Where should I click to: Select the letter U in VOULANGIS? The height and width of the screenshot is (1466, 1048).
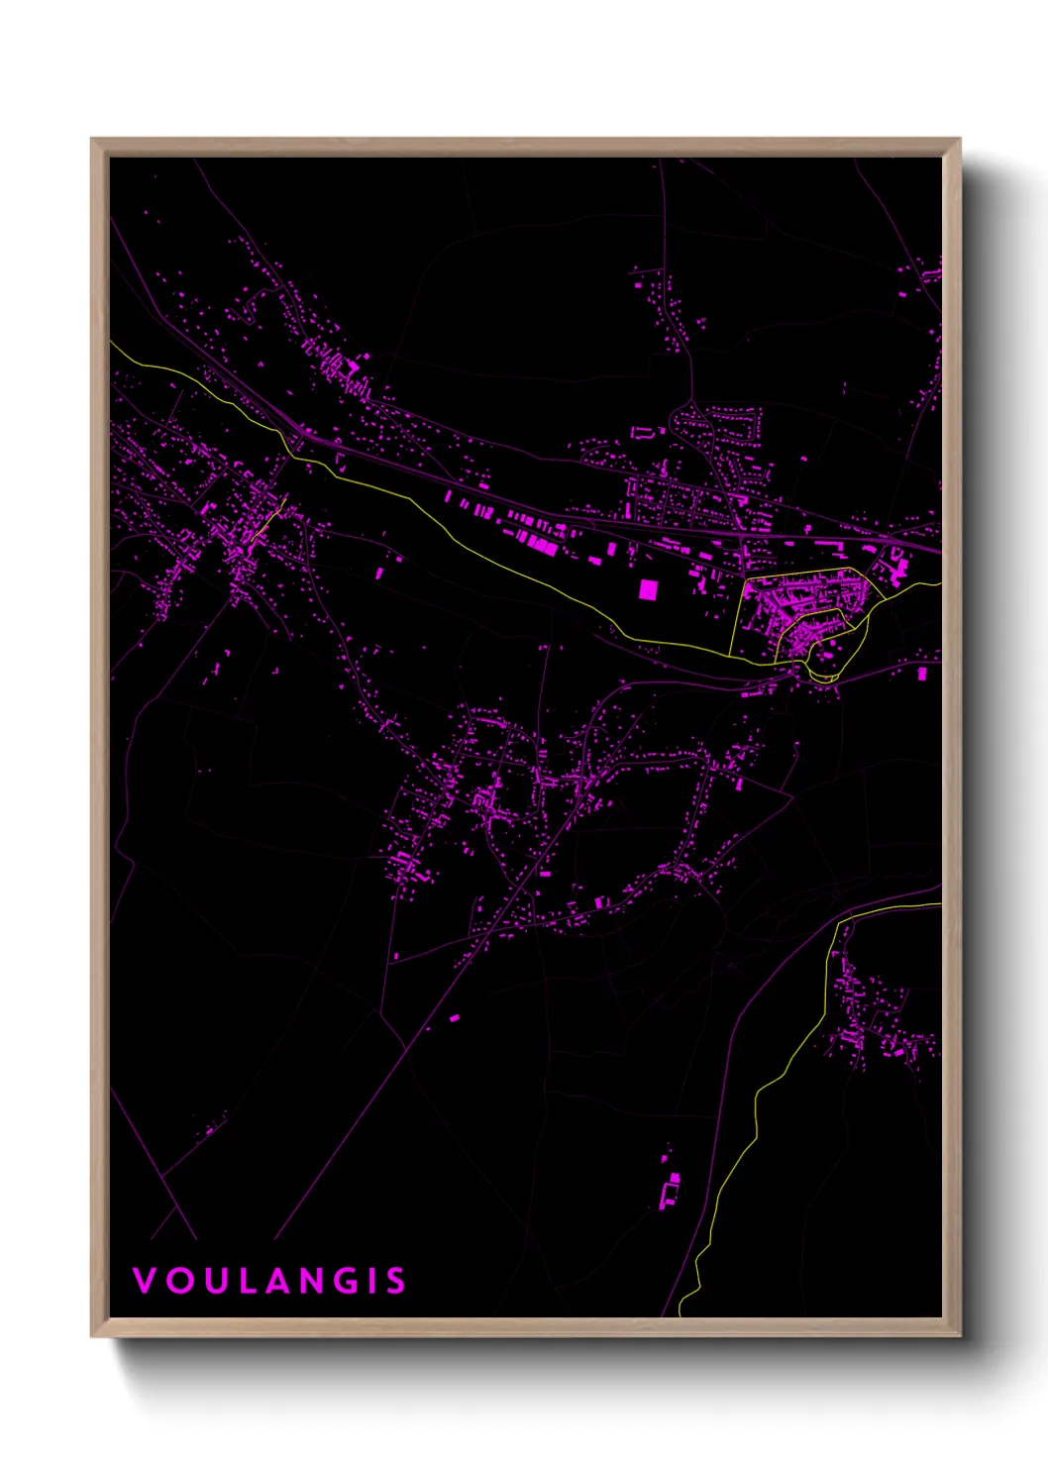(x=215, y=1281)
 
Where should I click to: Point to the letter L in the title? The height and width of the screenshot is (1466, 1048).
(x=248, y=1281)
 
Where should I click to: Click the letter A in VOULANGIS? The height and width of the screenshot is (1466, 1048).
(x=280, y=1281)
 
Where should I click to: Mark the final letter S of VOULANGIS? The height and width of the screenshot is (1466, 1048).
(x=396, y=1281)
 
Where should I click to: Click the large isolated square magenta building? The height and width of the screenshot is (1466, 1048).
(x=647, y=590)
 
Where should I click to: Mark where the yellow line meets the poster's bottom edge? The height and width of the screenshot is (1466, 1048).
(x=681, y=1314)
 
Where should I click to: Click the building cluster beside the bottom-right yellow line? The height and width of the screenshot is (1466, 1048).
(x=872, y=1020)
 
